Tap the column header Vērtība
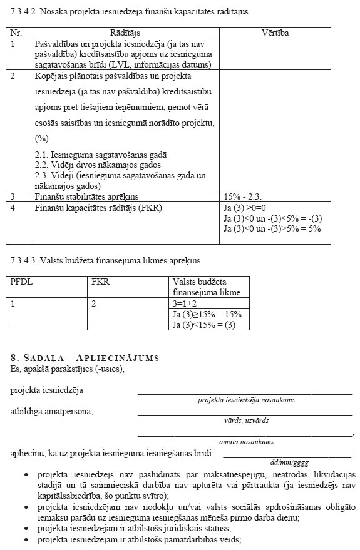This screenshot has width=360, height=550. (275, 33)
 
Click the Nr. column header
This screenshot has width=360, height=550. (16, 33)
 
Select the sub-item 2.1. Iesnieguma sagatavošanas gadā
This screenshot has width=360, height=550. (101, 155)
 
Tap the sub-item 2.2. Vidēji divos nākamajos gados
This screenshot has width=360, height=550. (93, 165)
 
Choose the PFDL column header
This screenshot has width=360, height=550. (22, 282)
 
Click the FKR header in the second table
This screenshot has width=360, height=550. (100, 282)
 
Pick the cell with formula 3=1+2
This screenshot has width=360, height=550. (186, 303)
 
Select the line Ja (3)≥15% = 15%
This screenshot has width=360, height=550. (207, 314)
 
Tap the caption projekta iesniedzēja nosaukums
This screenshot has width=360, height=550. (246, 400)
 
